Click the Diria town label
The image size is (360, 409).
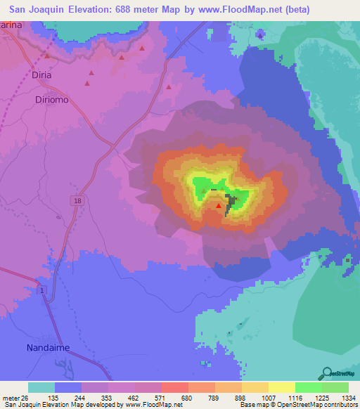[x=41, y=74]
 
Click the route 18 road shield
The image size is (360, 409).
[x=76, y=201]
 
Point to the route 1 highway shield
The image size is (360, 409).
[x=43, y=290]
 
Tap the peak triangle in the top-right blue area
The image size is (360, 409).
[x=261, y=34]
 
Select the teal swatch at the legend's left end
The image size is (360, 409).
[x=41, y=387]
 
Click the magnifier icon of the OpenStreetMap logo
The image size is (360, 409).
[x=326, y=373]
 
